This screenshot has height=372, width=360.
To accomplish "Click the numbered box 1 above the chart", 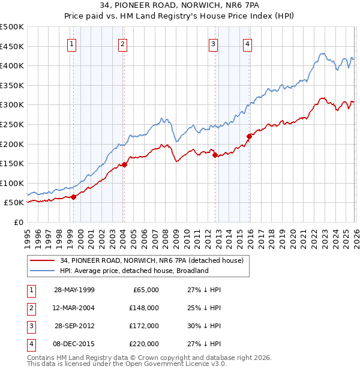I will coord(72,43).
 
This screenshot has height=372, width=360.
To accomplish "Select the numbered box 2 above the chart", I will coord(122,43).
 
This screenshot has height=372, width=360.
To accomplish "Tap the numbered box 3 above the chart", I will coord(213,43).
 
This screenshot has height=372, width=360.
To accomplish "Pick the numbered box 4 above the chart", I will coord(247,43).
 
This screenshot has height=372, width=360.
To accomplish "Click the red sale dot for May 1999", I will coord(73,197).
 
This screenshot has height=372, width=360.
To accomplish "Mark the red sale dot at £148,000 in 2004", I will coord(124,164).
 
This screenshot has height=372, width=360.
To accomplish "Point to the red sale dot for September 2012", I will coord(215,155).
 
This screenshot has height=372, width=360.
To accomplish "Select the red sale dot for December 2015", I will coord(249,136).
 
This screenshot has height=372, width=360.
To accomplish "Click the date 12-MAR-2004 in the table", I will coord(74,308).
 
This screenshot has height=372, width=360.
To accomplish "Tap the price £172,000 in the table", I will coord(143,326).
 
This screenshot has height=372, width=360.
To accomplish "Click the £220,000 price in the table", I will coord(143,344).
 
